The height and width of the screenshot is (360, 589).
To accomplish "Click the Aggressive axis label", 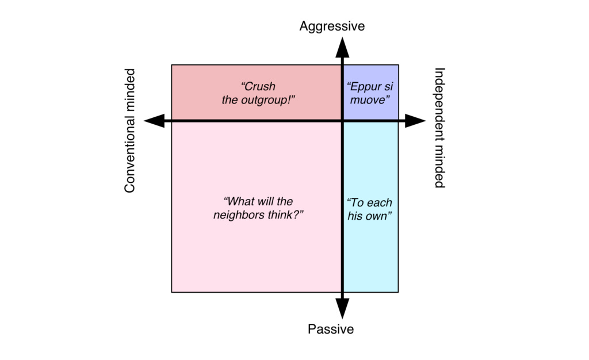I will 332,26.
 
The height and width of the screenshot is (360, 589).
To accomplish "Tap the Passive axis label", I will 331,330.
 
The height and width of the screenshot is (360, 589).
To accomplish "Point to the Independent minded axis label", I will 439,128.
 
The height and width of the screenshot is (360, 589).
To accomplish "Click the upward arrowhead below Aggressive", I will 342,46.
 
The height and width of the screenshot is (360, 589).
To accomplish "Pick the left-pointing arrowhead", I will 153,121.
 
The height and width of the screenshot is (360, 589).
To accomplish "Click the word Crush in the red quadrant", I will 259,87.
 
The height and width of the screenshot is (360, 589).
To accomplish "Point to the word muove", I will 370,99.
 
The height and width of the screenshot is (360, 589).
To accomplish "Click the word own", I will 380,216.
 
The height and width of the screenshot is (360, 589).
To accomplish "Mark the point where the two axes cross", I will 342,121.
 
